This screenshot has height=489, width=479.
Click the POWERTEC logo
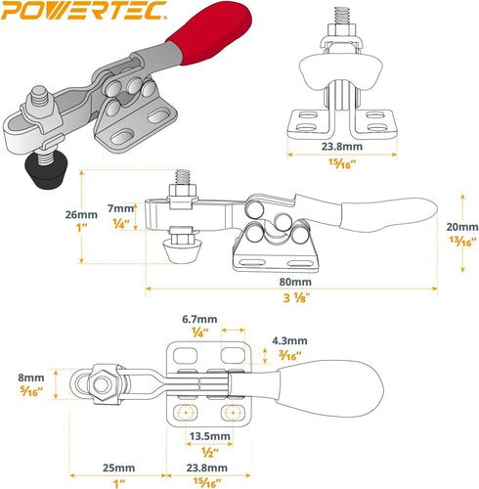[84, 11]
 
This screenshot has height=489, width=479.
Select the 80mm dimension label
[295, 282]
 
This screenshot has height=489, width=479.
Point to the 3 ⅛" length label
[296, 298]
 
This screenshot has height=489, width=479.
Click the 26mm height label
[81, 214]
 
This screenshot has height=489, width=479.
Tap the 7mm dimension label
[120, 208]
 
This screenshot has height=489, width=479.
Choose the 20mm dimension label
[462, 227]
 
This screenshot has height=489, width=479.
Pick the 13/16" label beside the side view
[462, 242]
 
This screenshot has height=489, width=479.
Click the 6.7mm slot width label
[199, 319]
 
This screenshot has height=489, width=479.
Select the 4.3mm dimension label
[289, 341]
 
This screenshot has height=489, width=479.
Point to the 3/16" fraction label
[289, 355]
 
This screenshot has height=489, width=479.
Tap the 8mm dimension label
[31, 378]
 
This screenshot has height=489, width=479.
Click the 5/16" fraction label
[31, 392]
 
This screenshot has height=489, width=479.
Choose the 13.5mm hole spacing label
[210, 436]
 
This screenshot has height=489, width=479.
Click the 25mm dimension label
[118, 468]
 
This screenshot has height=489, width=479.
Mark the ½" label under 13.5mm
[210, 452]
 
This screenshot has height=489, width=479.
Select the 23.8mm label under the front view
[342, 147]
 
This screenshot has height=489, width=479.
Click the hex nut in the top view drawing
[103, 384]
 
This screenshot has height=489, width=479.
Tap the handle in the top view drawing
[329, 388]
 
